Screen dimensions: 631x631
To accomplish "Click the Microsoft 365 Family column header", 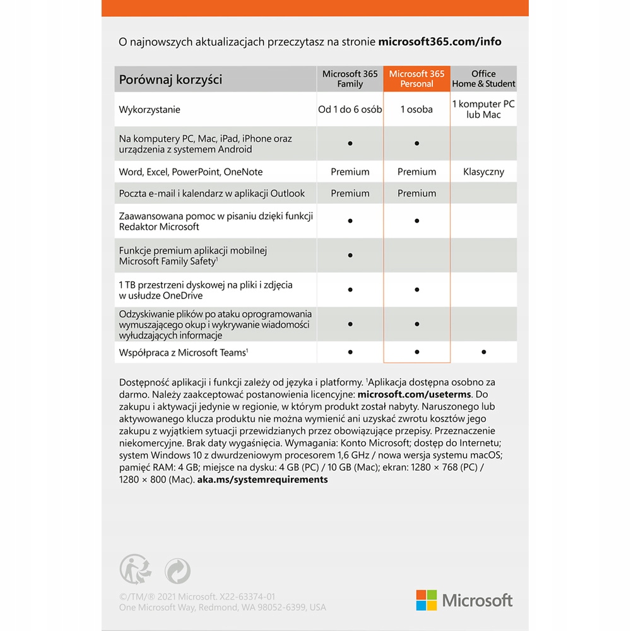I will click(350, 79).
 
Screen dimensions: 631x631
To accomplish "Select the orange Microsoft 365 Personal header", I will click(416, 79).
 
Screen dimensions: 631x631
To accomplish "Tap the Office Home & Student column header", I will click(483, 79).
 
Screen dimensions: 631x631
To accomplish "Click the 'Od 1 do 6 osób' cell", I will click(350, 109).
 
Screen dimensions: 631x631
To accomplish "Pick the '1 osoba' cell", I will click(416, 109).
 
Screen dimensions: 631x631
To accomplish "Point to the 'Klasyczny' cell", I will click(483, 172).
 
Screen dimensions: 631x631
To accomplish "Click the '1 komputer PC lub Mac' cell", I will click(483, 109).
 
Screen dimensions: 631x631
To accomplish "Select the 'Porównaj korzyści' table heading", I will click(170, 80).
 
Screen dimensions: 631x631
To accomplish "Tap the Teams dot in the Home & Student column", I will click(483, 352).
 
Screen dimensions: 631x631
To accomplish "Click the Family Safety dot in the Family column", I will click(350, 256).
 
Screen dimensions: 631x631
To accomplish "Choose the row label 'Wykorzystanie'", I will click(150, 110).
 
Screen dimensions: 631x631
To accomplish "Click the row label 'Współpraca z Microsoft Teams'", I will click(183, 353).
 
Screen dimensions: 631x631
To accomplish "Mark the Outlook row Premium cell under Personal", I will click(416, 194).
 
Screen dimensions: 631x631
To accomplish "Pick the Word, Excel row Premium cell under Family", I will click(350, 172).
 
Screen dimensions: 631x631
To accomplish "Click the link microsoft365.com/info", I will click(440, 42).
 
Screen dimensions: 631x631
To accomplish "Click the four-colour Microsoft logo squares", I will click(427, 600).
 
